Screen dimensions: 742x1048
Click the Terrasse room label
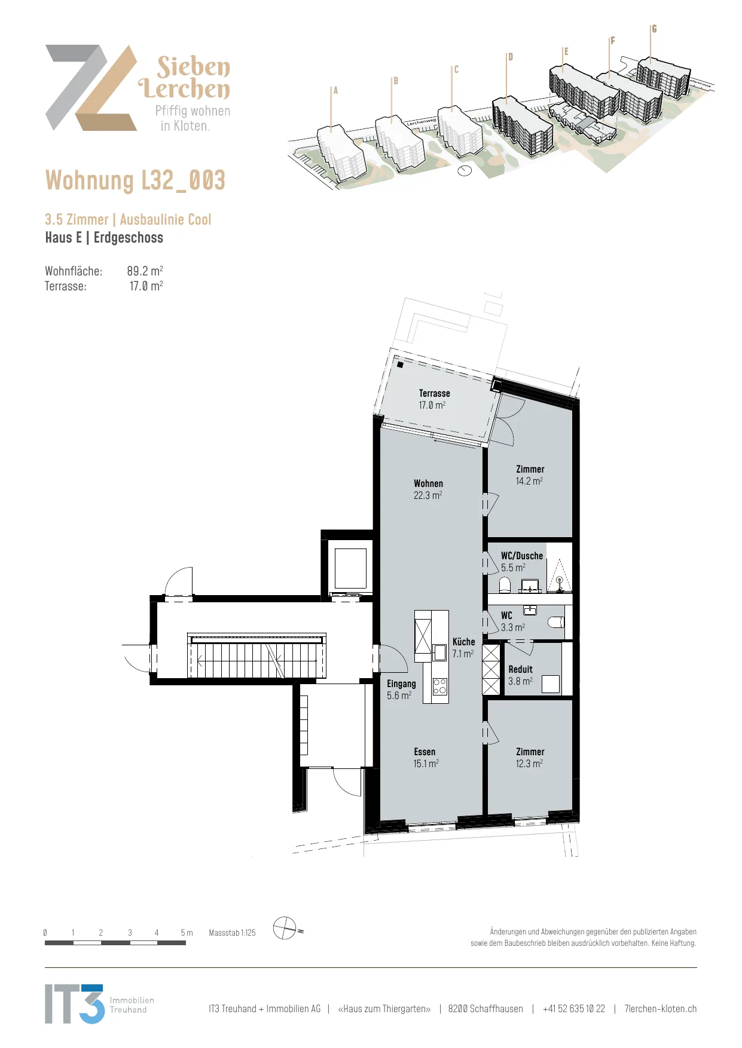[x=434, y=399]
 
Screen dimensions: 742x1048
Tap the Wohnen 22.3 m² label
[x=428, y=489]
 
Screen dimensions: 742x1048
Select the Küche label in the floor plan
[x=463, y=648]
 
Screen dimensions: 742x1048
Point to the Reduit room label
[x=520, y=675]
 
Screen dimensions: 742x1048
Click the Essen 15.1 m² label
[x=426, y=758]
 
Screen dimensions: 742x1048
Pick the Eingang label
[x=401, y=690]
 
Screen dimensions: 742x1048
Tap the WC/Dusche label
[x=521, y=562]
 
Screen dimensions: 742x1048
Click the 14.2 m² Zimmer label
[x=530, y=475]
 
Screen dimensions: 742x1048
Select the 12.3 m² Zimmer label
[x=530, y=758]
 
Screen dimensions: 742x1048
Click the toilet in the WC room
[x=556, y=623]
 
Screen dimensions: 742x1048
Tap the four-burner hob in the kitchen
[x=439, y=686]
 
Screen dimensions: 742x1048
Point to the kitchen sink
[x=439, y=652]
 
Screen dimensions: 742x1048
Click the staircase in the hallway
[x=257, y=655]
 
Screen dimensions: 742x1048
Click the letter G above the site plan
[x=654, y=29]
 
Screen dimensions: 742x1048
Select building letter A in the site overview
[x=336, y=91]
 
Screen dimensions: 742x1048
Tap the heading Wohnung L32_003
[x=135, y=180]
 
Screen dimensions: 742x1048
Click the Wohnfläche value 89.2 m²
[x=145, y=271]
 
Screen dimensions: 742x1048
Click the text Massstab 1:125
[x=232, y=933]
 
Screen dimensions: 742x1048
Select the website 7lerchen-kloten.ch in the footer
[x=661, y=1009]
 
